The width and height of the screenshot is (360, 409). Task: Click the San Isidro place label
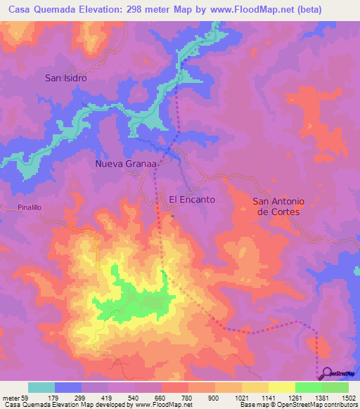66,78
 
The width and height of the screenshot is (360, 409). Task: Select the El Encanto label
192,200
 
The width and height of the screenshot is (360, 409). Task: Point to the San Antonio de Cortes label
276,207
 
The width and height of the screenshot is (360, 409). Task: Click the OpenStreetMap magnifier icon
325,373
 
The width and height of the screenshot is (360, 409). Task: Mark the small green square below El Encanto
171,216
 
